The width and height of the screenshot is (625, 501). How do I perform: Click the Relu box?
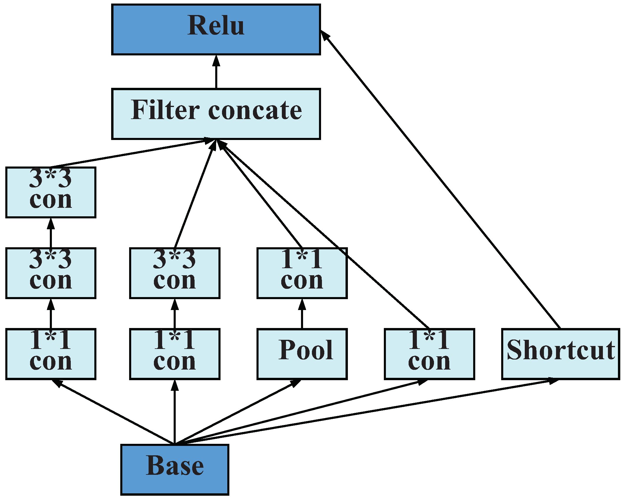(x=216, y=29)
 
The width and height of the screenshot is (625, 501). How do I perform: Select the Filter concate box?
(x=216, y=114)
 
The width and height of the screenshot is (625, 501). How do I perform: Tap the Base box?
(x=175, y=470)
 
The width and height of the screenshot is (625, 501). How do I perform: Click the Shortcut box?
(x=560, y=354)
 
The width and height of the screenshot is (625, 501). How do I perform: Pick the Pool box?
(x=302, y=354)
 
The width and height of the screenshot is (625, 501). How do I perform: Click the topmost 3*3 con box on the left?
(x=51, y=192)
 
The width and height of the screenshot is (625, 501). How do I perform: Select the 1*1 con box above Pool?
(x=302, y=273)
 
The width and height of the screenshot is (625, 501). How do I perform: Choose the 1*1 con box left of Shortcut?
(x=429, y=354)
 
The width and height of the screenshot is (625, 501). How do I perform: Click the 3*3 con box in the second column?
(x=175, y=273)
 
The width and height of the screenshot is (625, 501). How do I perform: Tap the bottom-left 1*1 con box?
(x=51, y=354)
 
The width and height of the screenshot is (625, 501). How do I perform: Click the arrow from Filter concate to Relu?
(x=216, y=72)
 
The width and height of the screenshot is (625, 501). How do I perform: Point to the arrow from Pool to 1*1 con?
(x=302, y=314)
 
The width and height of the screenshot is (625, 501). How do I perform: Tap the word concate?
(x=255, y=111)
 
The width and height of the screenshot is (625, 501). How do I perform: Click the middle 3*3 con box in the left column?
(x=51, y=273)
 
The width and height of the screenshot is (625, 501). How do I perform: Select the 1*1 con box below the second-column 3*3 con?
(x=175, y=354)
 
